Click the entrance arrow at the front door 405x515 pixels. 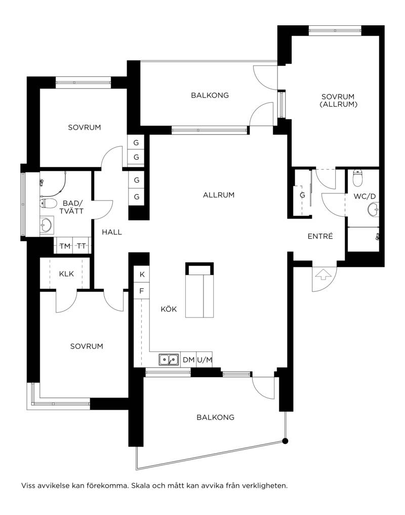tap(323, 274)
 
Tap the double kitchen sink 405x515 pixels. tap(169, 360)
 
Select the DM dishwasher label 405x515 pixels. tap(188, 360)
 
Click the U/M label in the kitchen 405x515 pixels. tap(205, 360)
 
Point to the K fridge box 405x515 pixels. tap(142, 274)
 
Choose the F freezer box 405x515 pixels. tap(142, 291)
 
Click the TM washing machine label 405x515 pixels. tap(65, 246)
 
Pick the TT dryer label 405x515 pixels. tap(81, 246)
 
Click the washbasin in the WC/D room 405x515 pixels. tap(373, 209)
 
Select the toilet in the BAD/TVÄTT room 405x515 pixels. tap(47, 204)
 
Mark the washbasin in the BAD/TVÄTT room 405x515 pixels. tap(46, 225)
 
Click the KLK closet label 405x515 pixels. tap(66, 273)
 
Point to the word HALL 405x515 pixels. tap(112, 232)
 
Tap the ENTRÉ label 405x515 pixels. tap(320, 236)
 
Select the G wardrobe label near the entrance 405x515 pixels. tap(302, 195)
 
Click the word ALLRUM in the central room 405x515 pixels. tap(219, 195)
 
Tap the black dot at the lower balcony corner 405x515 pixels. tap(285, 441)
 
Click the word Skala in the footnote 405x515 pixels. tap(140, 486)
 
